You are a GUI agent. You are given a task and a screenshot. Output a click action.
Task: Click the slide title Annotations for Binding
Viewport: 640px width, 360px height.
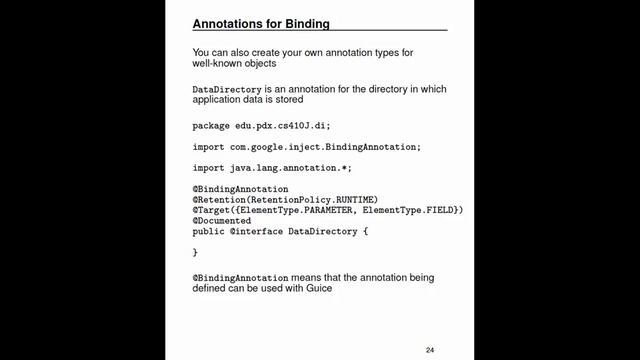[260, 22]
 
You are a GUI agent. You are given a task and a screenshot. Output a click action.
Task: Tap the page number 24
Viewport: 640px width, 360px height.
[430, 349]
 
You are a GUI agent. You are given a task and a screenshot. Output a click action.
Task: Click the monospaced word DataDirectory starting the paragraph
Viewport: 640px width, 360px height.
[225, 90]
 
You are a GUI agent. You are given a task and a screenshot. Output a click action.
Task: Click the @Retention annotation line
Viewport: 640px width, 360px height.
[285, 199]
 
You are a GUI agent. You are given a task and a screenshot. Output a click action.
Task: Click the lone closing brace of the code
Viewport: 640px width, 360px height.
[195, 252]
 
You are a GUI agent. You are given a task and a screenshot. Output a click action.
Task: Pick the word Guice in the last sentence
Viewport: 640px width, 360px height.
[315, 287]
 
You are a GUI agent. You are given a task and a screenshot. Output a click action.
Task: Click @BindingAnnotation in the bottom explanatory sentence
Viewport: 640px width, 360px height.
[240, 276]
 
